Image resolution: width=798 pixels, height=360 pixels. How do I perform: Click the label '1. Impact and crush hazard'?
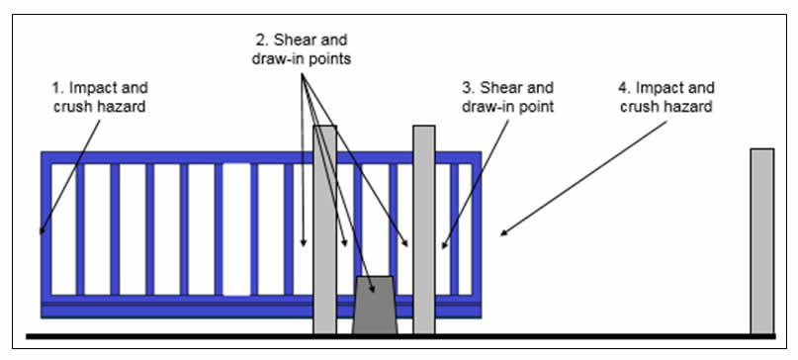tap(99, 97)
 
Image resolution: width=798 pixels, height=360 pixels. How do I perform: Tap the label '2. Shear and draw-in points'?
tap(302, 49)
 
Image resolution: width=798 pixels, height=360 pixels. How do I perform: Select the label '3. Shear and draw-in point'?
tap(507, 97)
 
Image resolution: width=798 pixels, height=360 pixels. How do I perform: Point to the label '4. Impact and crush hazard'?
tap(666, 97)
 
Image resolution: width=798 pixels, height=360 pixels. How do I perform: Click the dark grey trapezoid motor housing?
tap(375, 305)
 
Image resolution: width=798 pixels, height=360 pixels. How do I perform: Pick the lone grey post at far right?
tap(761, 241)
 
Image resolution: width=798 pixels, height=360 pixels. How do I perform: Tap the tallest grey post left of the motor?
tap(324, 229)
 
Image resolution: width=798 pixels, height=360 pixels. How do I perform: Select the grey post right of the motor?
tap(424, 229)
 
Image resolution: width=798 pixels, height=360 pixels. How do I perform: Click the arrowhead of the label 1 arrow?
tap(43, 230)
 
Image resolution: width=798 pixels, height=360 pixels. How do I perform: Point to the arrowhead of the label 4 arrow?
tap(504, 232)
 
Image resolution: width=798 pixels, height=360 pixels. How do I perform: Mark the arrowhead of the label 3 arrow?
tap(444, 244)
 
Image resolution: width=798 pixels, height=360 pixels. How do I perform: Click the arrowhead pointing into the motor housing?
tap(373, 288)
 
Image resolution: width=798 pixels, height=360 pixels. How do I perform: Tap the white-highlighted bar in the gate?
tap(236, 229)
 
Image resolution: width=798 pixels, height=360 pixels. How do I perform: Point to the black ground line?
tap(401, 336)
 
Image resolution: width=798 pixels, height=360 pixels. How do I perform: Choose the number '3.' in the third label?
tap(468, 88)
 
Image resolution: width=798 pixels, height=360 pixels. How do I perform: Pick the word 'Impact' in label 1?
tap(93, 89)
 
